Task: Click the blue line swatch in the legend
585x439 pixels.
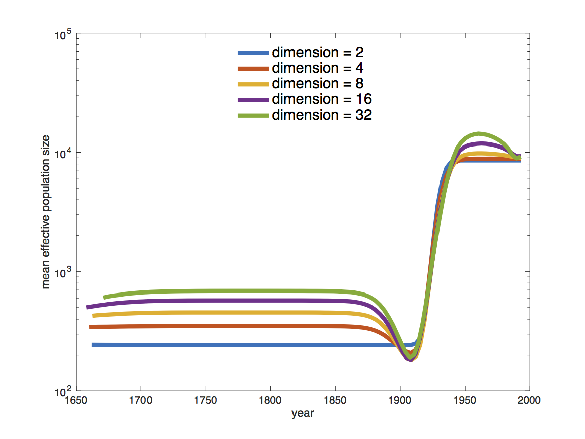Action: tap(253, 53)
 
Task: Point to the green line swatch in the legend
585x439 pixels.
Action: tap(253, 115)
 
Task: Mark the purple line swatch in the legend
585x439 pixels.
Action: tap(253, 99)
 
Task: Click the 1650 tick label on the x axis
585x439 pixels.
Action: tap(76, 401)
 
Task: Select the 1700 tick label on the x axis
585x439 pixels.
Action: tap(141, 401)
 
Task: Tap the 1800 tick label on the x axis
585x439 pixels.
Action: tap(270, 401)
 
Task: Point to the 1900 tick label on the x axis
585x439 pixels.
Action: tap(400, 401)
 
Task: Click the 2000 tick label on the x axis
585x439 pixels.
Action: tap(529, 401)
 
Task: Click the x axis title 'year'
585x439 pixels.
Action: tap(303, 414)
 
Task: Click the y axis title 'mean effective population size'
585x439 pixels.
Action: tap(46, 213)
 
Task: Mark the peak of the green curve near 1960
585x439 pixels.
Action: tap(480, 133)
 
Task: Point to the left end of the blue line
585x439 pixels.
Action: tap(93, 345)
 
